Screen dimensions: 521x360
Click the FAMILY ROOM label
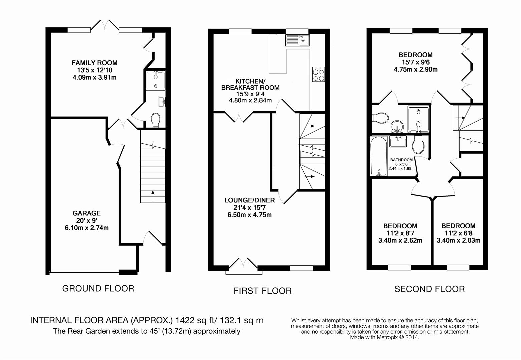click(94, 63)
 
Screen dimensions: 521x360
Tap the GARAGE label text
click(86, 213)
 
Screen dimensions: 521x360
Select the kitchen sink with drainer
click(297, 40)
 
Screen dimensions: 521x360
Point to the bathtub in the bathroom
click(379, 156)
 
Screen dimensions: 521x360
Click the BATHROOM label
click(401, 160)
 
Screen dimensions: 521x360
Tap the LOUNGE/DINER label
click(249, 200)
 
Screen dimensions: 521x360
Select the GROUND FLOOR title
click(98, 288)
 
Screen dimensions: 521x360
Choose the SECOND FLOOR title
click(429, 289)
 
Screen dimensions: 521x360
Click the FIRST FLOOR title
click(263, 291)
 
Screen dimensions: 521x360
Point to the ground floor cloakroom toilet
click(155, 120)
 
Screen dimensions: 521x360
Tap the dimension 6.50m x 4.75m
click(249, 215)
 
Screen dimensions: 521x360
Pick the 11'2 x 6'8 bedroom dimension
click(458, 233)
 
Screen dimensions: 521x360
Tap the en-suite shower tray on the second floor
click(418, 119)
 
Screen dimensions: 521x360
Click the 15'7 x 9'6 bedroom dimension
click(415, 62)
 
